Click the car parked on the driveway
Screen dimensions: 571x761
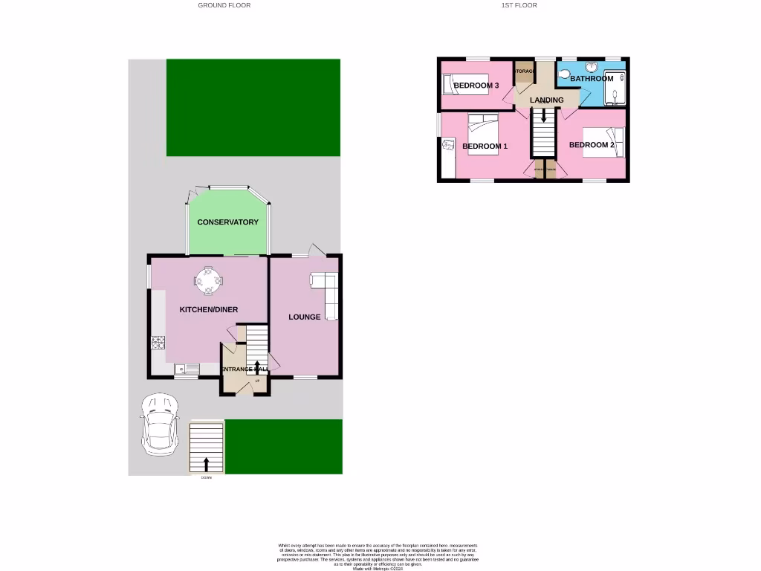[x=159, y=424]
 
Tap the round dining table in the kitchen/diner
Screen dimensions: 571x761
[x=208, y=280]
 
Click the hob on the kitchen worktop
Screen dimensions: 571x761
[x=158, y=343]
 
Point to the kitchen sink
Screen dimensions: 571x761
[x=187, y=368]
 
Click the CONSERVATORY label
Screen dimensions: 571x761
[x=228, y=222]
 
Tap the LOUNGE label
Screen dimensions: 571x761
[x=305, y=317]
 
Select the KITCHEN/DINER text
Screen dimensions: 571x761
[x=209, y=309]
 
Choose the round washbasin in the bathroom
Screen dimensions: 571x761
[x=592, y=65]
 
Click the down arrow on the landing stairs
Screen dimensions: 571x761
[x=543, y=115]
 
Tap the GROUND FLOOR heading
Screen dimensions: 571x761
[x=224, y=5]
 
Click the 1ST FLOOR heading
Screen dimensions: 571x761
[x=519, y=5]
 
